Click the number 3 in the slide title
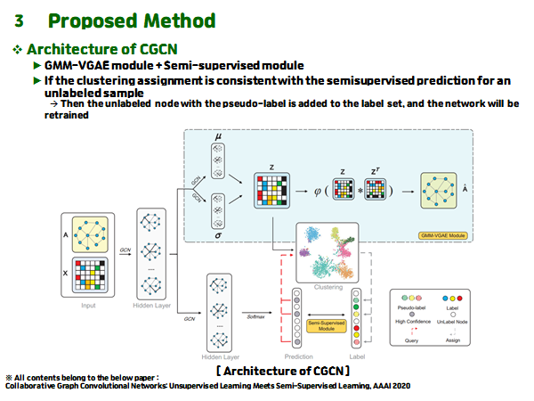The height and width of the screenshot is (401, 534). click(x=19, y=20)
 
